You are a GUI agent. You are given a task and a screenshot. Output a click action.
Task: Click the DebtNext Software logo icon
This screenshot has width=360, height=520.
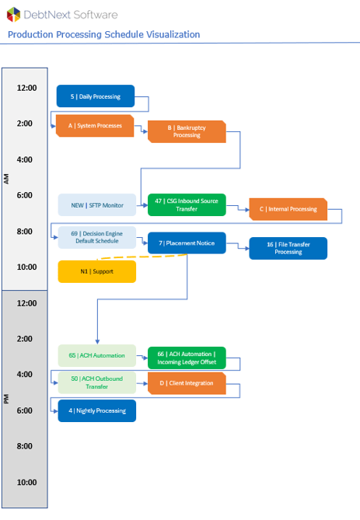[13, 15]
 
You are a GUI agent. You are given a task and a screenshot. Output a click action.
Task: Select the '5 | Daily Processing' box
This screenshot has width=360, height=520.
[96, 96]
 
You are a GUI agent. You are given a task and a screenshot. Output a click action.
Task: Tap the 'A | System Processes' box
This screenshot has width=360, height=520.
[95, 126]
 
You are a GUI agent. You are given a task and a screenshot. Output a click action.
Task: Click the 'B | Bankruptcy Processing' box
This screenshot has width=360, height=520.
[187, 131]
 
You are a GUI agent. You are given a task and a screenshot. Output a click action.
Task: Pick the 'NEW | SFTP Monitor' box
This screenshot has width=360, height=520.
[97, 205]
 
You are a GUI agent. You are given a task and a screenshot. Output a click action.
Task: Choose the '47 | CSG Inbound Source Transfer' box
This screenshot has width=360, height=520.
[187, 205]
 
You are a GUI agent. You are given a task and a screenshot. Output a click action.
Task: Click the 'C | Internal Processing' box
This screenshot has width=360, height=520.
[288, 209]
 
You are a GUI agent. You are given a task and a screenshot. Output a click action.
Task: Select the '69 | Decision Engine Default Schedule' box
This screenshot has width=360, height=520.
[97, 237]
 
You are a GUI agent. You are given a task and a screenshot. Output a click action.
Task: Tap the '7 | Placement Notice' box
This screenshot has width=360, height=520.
[187, 243]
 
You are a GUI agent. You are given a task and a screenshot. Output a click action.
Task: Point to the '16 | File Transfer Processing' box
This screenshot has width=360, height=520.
[288, 249]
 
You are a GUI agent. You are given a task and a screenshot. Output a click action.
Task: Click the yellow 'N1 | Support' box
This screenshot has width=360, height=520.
[97, 271]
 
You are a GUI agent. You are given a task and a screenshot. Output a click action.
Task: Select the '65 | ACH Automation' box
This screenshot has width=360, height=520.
[97, 355]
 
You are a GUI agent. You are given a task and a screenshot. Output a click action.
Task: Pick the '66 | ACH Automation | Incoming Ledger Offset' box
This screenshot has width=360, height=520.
[187, 358]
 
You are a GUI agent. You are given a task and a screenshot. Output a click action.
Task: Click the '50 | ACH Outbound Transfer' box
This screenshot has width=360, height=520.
[97, 382]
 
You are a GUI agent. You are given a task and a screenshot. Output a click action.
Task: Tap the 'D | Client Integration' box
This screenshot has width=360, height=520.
[187, 383]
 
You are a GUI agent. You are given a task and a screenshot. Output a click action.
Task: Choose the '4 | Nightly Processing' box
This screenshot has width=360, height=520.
[97, 411]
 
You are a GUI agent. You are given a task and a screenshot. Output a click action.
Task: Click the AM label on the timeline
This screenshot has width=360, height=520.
[6, 179]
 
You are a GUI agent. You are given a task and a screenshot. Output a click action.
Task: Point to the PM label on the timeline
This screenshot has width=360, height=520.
[6, 399]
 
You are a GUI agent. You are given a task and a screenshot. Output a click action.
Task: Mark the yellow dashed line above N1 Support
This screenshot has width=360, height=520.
[142, 257]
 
